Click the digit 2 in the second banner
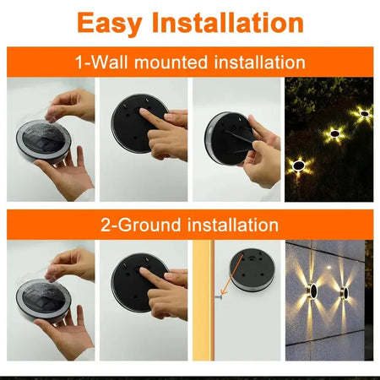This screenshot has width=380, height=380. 107,225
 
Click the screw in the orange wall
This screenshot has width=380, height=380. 218,296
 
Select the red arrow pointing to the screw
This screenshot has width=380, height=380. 226,285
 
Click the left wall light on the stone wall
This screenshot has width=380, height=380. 312,291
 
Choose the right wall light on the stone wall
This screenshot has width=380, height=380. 345,293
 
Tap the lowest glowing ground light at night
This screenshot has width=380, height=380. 298,166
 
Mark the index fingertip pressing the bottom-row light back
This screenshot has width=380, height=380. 144,279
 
